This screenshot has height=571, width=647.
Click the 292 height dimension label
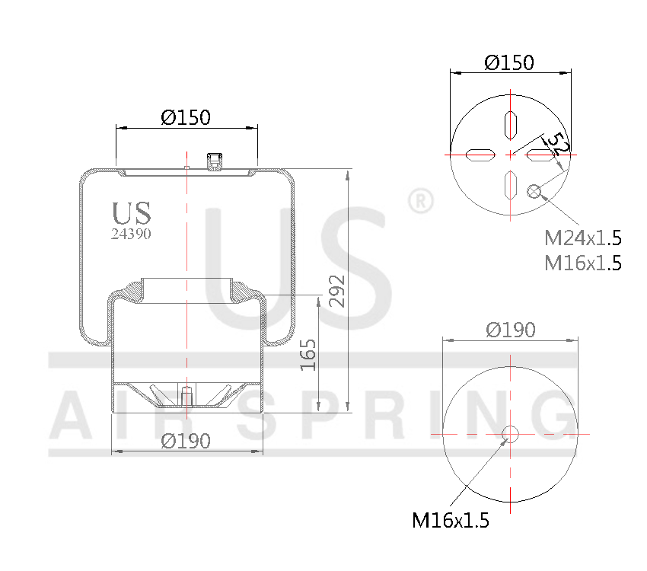pos(337,291)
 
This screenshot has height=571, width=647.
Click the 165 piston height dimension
pos(308,354)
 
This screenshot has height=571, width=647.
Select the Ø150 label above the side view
pos(186,117)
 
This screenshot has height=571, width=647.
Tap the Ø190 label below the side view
pos(186,441)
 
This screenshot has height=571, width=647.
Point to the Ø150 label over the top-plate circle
pos(509,62)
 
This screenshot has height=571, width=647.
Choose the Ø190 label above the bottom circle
pos(511,330)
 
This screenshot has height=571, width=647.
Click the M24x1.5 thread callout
pos(583,238)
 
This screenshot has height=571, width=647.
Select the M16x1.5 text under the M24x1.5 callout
pos(583,263)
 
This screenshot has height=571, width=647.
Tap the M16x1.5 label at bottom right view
pos(450,521)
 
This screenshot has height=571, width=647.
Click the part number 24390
pos(131,234)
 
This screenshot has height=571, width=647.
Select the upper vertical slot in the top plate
pos(510,124)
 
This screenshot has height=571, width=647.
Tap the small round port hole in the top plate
pos(534,191)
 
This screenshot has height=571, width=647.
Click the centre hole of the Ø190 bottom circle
pos(510,434)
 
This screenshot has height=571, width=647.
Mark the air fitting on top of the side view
pos(215,161)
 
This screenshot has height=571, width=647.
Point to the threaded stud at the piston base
pos(186,398)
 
